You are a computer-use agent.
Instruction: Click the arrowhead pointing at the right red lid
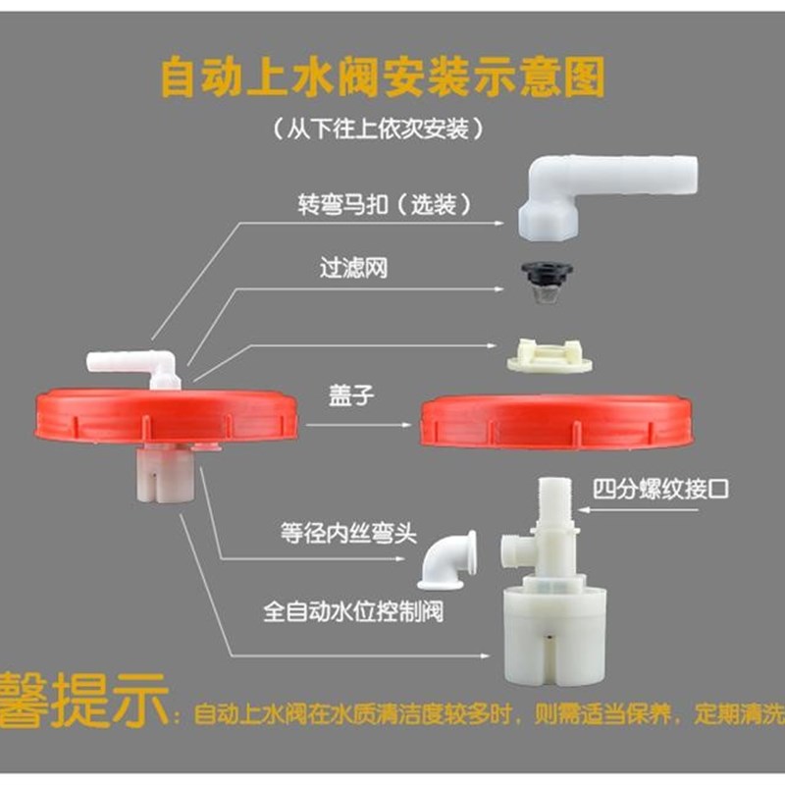(406, 425)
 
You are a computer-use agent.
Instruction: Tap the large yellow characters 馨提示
(83, 702)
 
